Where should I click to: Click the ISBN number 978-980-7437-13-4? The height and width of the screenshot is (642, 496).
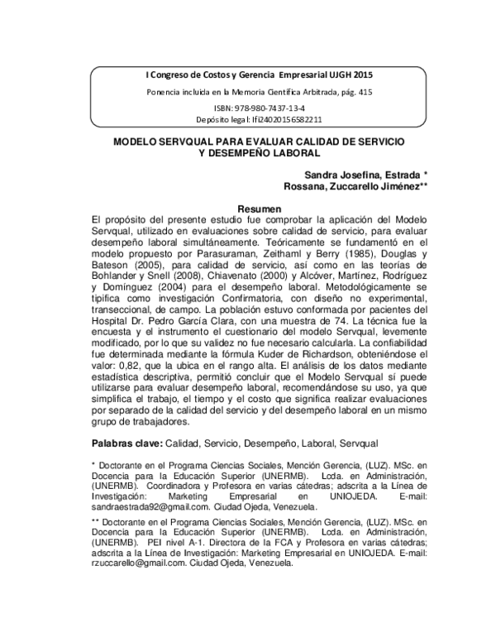[x=259, y=108]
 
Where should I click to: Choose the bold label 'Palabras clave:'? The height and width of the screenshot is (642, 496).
[x=127, y=443]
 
